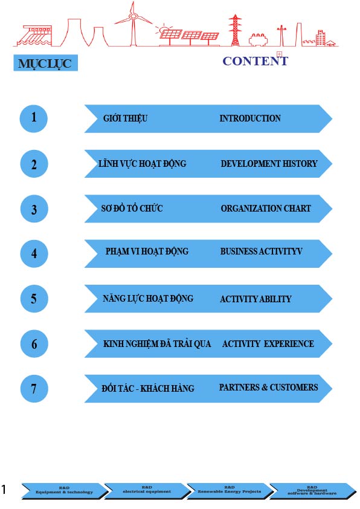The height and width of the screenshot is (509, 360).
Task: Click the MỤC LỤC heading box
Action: pos(45,63)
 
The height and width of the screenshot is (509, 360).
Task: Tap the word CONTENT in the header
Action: pos(256,61)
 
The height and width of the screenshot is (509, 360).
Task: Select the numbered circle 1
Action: pos(34,118)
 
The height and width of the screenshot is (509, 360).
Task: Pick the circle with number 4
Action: pos(34,253)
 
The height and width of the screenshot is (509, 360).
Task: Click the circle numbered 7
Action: pos(34,389)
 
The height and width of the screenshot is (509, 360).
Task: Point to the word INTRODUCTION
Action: pos(250,118)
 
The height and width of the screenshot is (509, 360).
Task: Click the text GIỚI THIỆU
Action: pos(125,118)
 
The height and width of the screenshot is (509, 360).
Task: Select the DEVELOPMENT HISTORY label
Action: pos(269,164)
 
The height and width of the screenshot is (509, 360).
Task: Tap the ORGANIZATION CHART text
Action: pos(266,209)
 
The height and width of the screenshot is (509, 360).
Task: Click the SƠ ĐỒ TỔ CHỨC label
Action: pos(132,208)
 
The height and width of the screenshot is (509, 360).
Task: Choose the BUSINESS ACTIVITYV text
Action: pos(261,251)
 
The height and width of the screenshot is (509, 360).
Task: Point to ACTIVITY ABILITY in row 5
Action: pos(256,299)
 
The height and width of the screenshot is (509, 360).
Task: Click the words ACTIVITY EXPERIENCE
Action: pos(268,344)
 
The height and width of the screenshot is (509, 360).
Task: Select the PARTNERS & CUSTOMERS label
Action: pos(268,387)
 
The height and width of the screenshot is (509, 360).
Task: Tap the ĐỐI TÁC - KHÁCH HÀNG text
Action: pos(148,388)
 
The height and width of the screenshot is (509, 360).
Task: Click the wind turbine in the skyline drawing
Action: pos(132,24)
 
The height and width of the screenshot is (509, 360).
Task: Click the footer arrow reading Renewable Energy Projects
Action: pos(230,490)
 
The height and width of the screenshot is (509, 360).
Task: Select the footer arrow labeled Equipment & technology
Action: pos(64,490)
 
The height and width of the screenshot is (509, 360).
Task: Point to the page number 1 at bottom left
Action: pos(4,489)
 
